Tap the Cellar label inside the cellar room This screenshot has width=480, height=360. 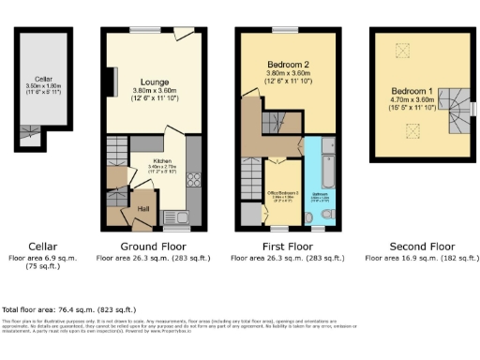[42, 80]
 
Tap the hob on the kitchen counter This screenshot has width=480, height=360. [194, 178]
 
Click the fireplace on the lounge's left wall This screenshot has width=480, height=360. [113, 81]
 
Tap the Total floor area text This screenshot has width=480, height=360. [69, 308]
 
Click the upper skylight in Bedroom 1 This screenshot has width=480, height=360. [405, 50]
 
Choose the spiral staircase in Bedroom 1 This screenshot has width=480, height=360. [458, 107]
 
